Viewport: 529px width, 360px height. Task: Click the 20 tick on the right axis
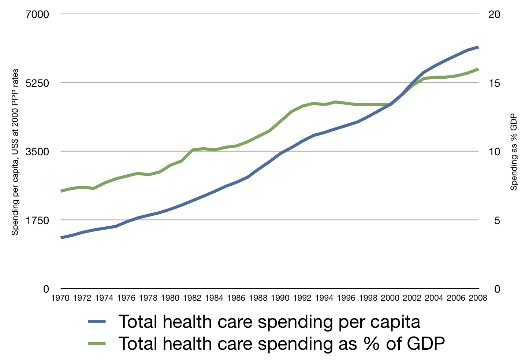(494, 15)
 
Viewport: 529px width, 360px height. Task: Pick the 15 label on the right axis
(494, 83)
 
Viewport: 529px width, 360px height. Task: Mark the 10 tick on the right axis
(494, 152)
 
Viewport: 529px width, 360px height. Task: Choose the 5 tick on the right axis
(497, 220)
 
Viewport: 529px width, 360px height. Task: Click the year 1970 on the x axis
(60, 298)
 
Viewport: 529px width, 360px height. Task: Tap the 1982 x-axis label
(192, 298)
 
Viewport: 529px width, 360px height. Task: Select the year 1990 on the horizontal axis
(280, 298)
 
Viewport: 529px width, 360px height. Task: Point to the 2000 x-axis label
(390, 298)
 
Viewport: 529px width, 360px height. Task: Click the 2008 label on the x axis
(478, 298)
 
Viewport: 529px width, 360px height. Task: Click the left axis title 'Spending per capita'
(15, 152)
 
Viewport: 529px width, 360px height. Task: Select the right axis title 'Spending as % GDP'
(514, 152)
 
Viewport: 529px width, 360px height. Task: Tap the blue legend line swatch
(97, 322)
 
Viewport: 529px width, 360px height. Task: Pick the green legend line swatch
(97, 344)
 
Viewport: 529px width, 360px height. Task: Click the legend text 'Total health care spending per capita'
(269, 322)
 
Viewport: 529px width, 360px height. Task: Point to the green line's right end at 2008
(478, 69)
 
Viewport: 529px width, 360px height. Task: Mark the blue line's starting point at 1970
(61, 238)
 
